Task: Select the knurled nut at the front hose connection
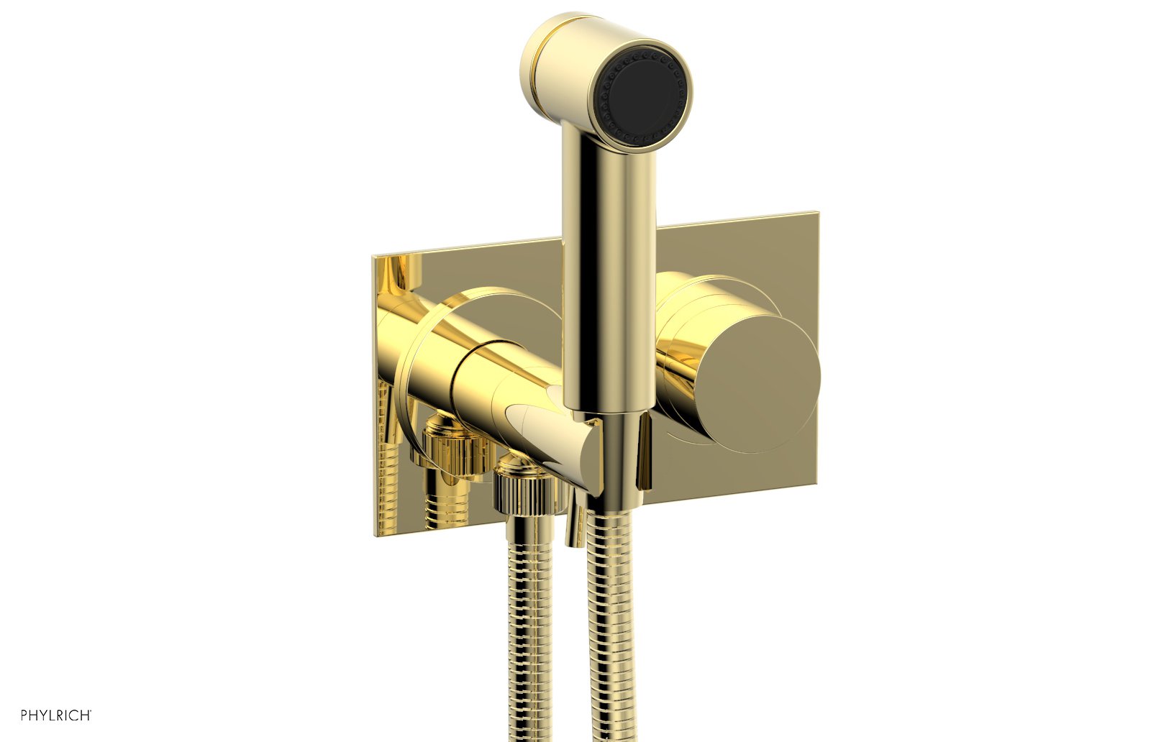[x=527, y=489]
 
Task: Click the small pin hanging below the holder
[x=575, y=525]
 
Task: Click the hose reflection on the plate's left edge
[x=386, y=467]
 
